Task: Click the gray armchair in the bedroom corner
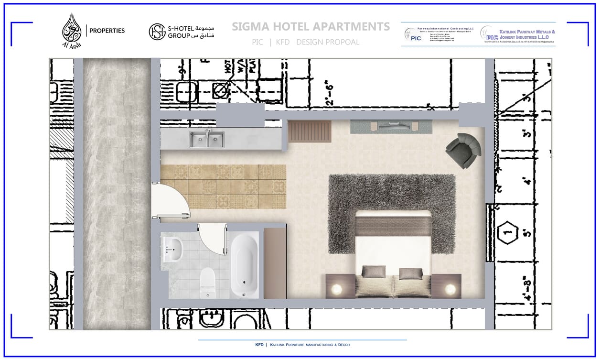coord(463,150)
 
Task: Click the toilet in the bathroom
coord(208,282)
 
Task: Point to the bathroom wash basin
coord(172,249)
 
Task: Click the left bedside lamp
coord(337,288)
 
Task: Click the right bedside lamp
coord(450,288)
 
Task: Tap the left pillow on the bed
coord(373,272)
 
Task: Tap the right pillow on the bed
coord(411,273)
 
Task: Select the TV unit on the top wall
coord(391,127)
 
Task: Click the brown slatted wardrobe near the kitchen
coord(310,131)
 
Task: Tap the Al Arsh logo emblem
coord(72,30)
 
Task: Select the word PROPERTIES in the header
coord(107,31)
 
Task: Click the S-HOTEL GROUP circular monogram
coord(157,32)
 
